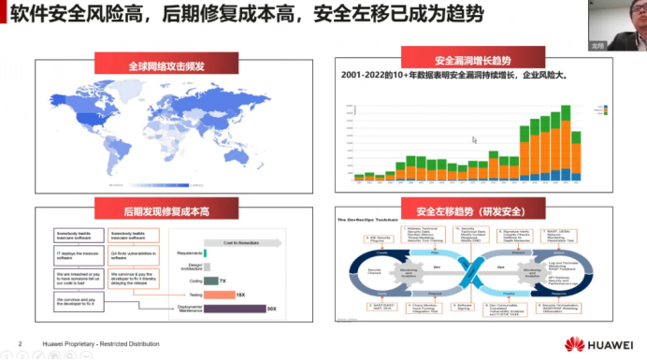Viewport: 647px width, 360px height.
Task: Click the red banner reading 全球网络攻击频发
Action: (166, 67)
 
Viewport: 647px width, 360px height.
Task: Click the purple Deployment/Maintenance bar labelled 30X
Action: (233, 307)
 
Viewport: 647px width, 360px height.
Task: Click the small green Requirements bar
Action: (204, 252)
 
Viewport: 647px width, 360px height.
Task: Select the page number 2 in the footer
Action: (20, 344)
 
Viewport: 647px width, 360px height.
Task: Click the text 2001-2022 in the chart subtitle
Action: (365, 74)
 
